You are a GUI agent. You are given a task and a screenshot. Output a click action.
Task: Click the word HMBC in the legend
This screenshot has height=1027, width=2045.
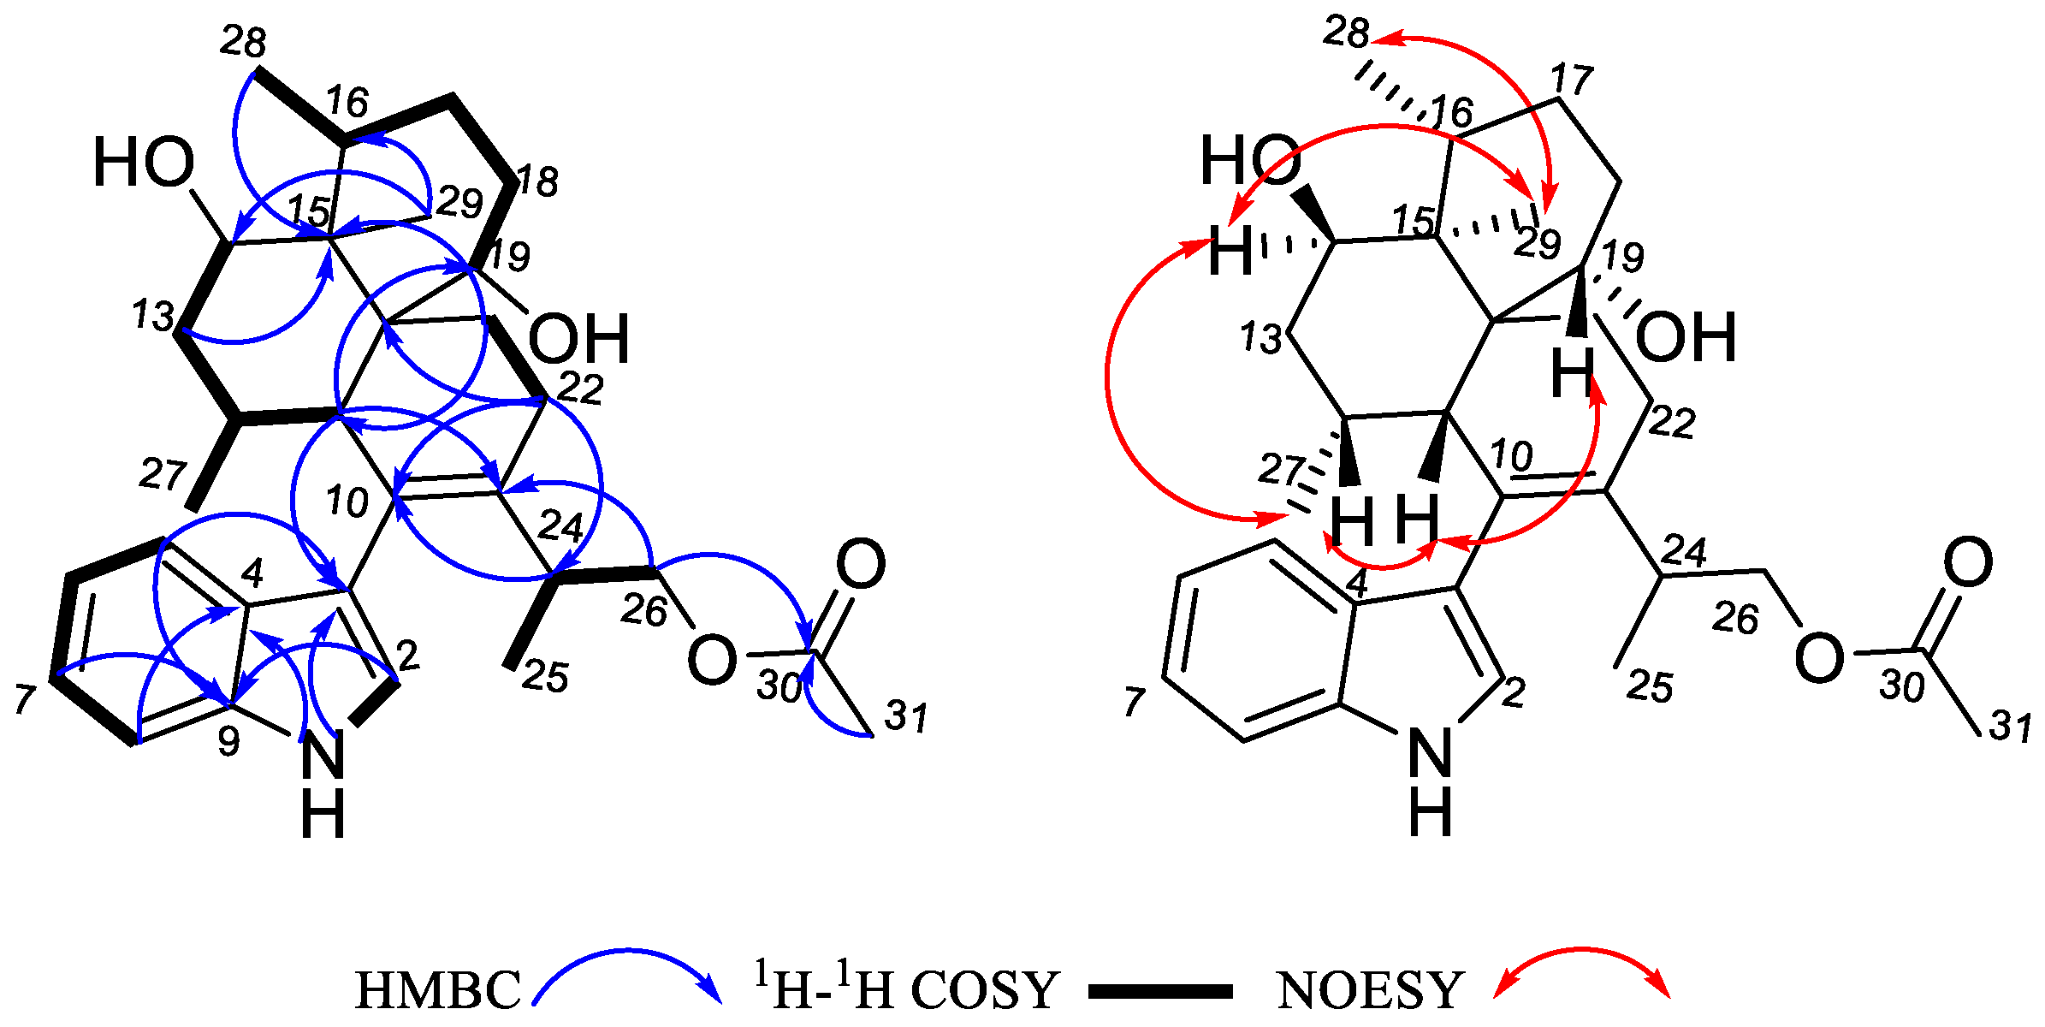coord(437,990)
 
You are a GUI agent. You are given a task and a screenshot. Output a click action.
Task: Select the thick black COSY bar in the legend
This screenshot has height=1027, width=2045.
coord(1160,992)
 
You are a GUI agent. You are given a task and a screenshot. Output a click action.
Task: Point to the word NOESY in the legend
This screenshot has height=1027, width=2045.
coord(1370,990)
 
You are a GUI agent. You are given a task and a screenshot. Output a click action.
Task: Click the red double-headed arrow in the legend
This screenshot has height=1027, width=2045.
coord(1582,971)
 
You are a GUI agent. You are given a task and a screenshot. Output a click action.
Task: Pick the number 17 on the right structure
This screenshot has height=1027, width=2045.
coord(1572,79)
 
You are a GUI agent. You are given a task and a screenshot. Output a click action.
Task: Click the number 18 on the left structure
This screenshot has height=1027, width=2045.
coord(537,181)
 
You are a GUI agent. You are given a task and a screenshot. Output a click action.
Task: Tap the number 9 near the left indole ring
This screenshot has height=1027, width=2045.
coord(228,741)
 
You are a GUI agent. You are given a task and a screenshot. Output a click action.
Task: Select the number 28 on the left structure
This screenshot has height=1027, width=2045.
coord(242,41)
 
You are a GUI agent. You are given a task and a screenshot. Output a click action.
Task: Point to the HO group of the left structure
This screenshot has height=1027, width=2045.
coord(144,163)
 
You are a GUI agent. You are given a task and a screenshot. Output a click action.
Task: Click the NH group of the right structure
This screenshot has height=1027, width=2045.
coord(1431,779)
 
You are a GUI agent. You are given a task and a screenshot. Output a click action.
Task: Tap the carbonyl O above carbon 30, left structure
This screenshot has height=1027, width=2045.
coord(860,564)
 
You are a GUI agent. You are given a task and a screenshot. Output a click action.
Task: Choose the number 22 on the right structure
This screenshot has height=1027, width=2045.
coord(1673,422)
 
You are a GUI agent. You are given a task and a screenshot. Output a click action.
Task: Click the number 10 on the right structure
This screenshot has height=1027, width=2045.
coord(1511,455)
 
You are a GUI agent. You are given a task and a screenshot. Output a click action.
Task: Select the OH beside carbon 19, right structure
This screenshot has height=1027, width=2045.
coord(1685,337)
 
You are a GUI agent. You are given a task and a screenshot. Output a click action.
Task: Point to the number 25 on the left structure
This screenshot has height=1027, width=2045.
coord(545,677)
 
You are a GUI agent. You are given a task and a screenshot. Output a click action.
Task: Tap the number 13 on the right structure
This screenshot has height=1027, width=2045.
coord(1262,338)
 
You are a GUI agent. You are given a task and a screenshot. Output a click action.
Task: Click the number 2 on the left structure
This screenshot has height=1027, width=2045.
coord(408,656)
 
